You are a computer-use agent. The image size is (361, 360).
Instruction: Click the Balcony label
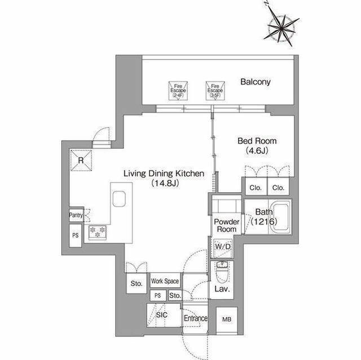(x=255, y=82)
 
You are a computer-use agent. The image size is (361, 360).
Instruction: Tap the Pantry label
(x=76, y=215)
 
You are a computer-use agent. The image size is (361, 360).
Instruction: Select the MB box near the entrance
(x=226, y=319)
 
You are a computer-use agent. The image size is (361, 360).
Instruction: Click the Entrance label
(x=196, y=318)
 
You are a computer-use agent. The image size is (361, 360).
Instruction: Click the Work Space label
(x=164, y=281)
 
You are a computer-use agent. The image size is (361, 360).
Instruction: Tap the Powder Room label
(x=226, y=225)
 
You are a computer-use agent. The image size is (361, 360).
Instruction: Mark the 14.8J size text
(x=164, y=184)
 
